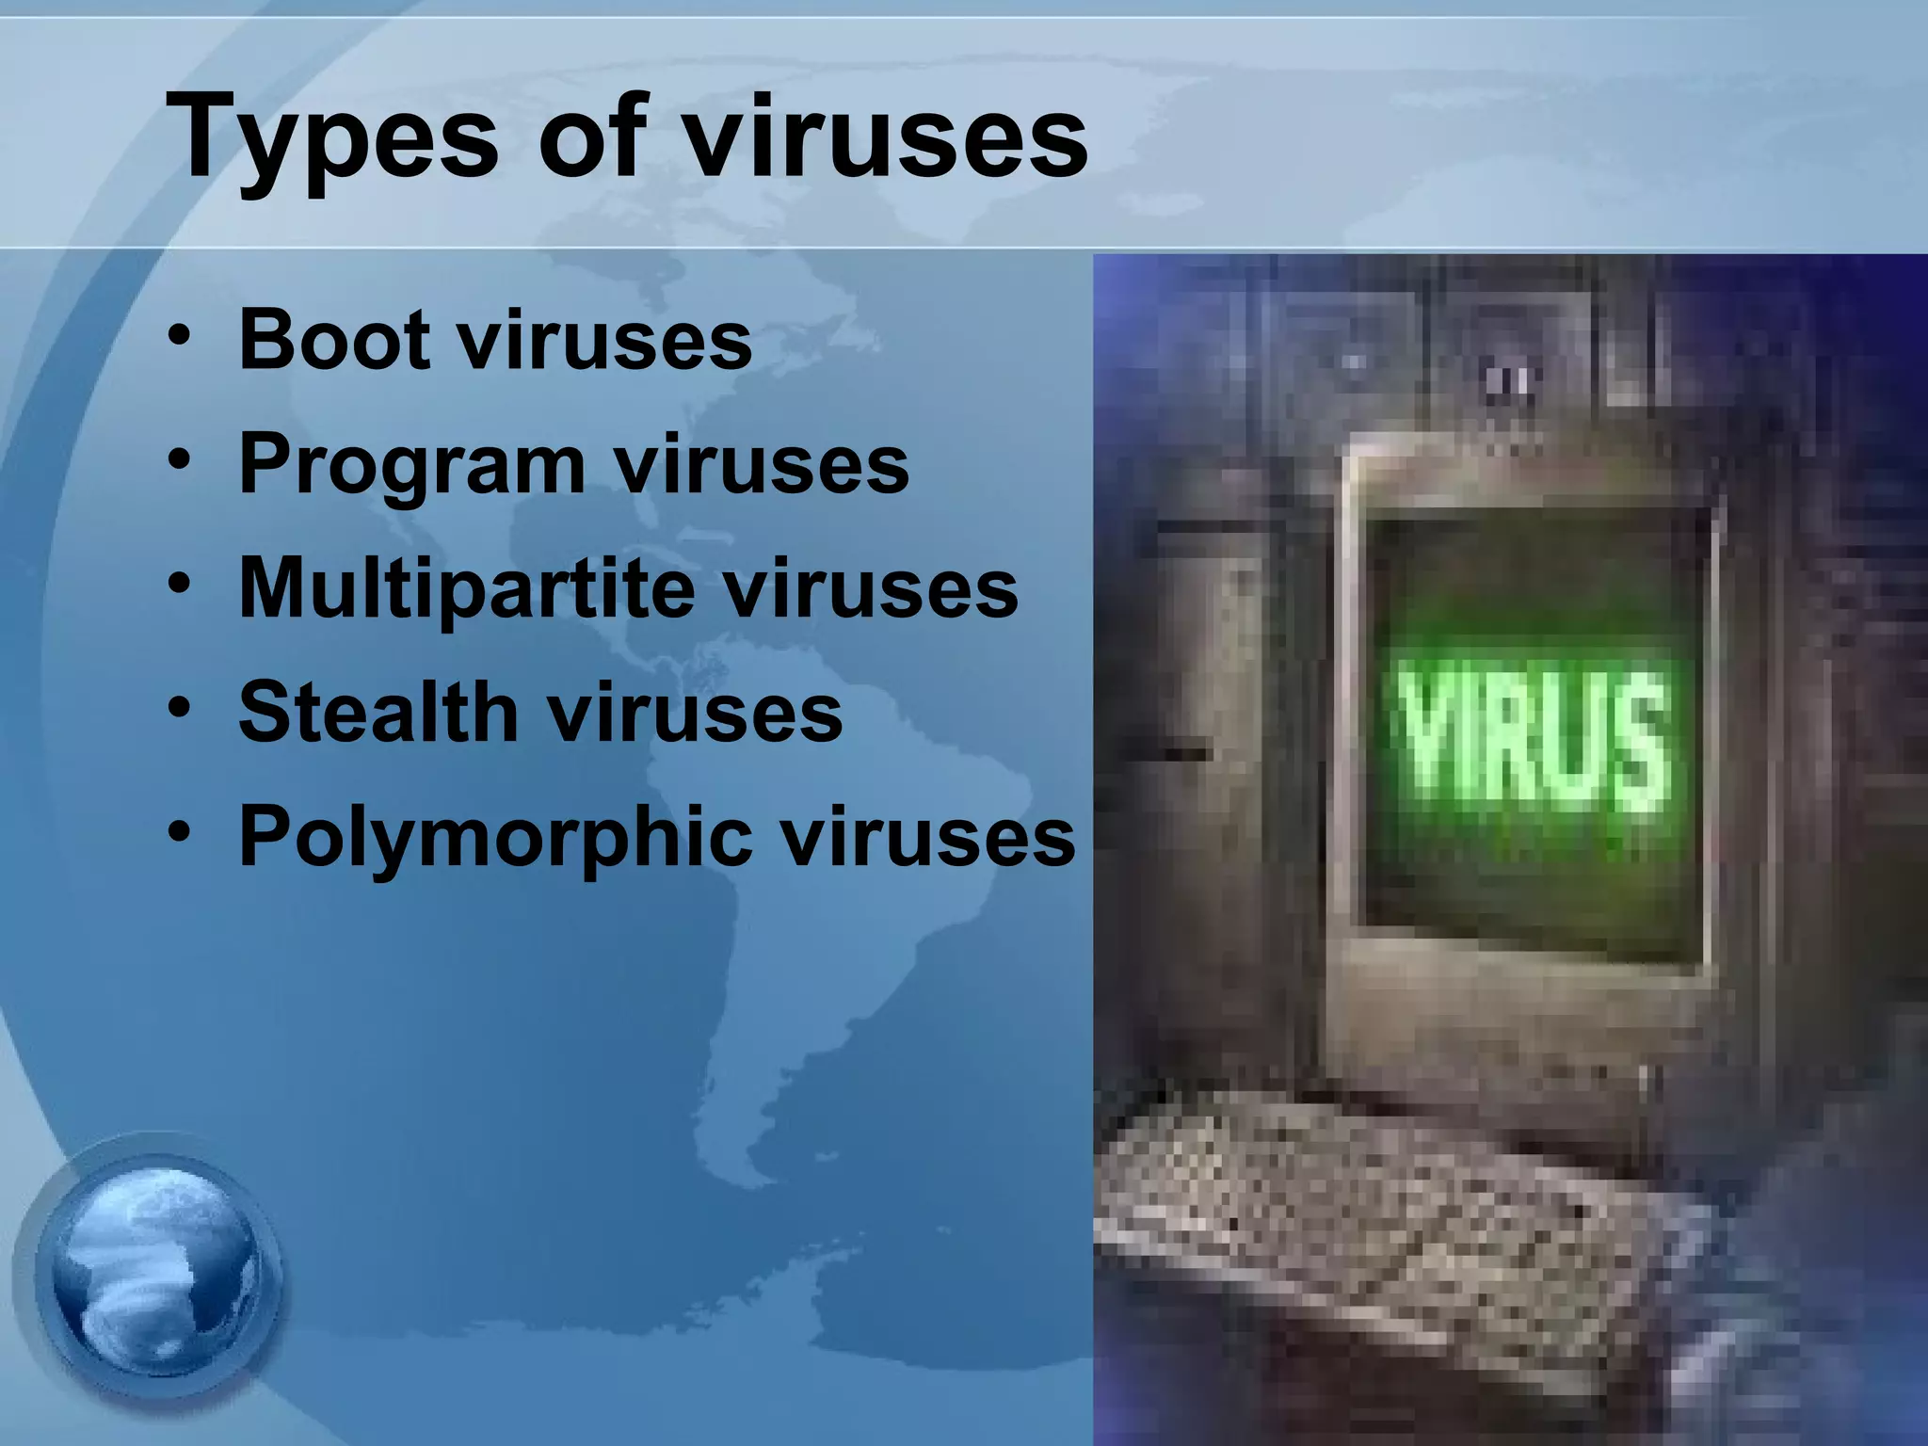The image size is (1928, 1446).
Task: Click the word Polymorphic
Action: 495,838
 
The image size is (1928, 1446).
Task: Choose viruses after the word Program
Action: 762,467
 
